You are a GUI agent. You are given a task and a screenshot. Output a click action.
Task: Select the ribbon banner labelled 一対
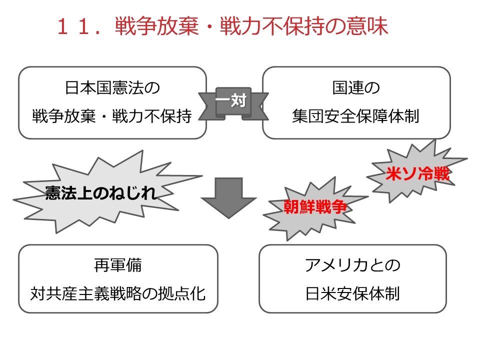[x=233, y=103]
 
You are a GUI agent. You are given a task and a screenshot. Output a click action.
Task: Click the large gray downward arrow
[x=228, y=198]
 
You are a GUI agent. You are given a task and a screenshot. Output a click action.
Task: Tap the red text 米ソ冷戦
[x=417, y=174]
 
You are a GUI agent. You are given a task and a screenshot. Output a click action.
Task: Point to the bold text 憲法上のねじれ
[x=100, y=193]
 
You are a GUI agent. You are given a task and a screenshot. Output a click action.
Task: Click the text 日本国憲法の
[x=112, y=87]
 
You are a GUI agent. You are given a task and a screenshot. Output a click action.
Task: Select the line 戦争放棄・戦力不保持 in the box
[x=112, y=116]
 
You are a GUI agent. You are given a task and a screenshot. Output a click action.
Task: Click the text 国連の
[x=356, y=87]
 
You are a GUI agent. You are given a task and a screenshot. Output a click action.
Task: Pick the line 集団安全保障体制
[x=355, y=116]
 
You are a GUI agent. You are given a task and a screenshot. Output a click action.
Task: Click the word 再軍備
[x=118, y=265]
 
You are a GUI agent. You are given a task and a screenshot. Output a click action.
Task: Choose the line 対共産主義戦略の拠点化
[x=118, y=293]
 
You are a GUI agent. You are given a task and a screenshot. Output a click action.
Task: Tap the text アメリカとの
[x=352, y=265]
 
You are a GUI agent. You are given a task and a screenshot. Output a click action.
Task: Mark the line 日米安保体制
[x=352, y=293]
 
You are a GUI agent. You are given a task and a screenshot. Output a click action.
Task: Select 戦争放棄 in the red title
[x=156, y=26]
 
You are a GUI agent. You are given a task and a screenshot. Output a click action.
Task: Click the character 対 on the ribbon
[x=239, y=100]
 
